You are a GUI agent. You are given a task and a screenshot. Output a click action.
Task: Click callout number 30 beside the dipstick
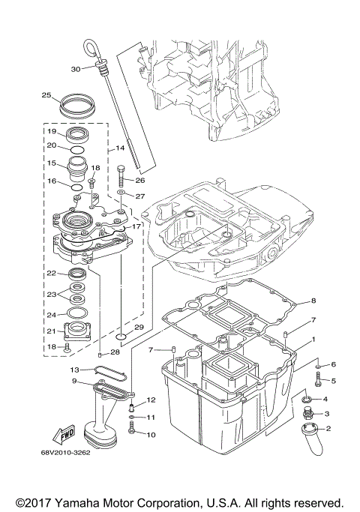[x=75, y=69]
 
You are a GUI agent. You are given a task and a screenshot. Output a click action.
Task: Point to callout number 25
[x=46, y=95]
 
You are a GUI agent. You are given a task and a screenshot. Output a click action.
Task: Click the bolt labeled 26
[x=122, y=180]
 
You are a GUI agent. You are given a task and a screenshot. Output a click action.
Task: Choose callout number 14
[x=120, y=149]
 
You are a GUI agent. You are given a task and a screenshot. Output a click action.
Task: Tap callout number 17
[x=136, y=226]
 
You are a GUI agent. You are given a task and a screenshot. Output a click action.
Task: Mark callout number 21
[x=52, y=331]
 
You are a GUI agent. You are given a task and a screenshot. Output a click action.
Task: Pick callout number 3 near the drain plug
[x=326, y=414]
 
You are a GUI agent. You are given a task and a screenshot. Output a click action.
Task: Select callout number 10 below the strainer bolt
[x=150, y=434]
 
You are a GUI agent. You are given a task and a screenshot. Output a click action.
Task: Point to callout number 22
[x=52, y=274]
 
